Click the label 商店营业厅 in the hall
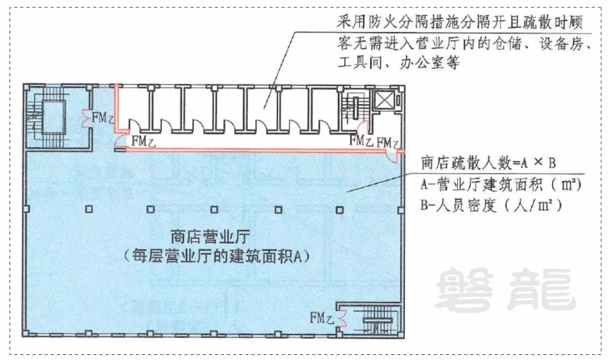pos(211,237)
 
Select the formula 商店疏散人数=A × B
pos(489,163)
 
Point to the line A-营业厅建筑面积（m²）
pos(501,185)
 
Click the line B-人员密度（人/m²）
pos(491,205)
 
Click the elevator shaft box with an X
pos(384,100)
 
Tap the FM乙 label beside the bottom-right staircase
pos(321,318)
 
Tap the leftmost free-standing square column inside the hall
pos(89,209)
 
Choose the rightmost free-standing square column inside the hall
pos(339,210)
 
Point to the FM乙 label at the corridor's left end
pos(144,141)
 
